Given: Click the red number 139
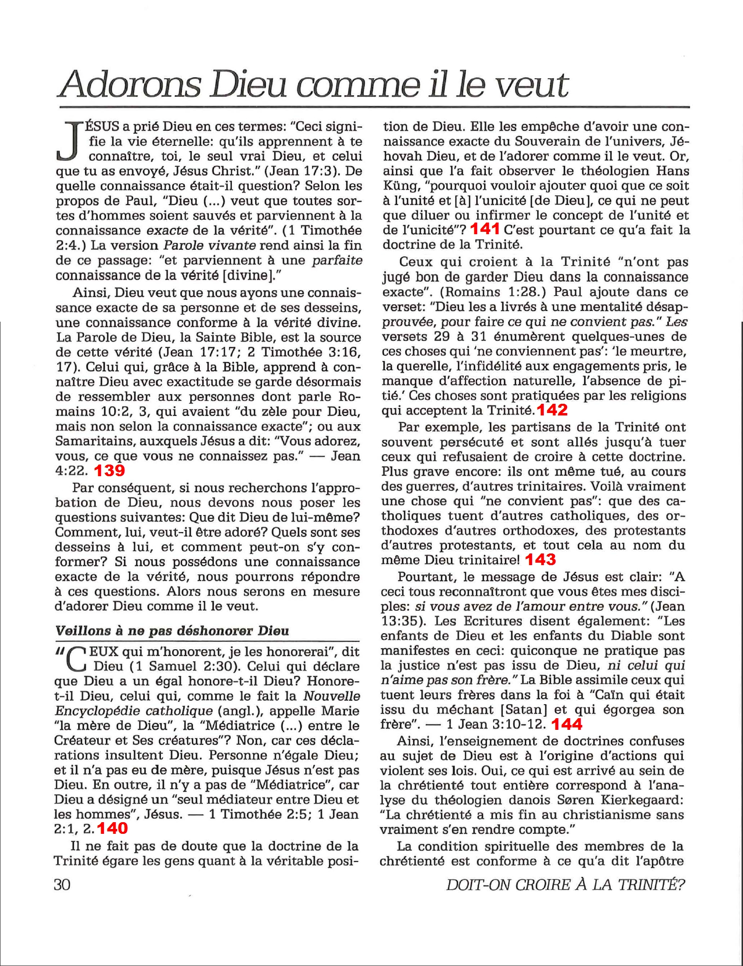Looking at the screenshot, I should coord(109,470).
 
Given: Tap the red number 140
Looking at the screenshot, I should coord(112,828).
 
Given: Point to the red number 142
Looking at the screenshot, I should coord(553,410).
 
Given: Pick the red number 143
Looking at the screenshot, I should coord(540,559).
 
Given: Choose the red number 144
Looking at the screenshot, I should coord(567,724).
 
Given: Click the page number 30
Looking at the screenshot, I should coord(63,884).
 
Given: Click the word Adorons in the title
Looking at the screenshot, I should coord(130,85).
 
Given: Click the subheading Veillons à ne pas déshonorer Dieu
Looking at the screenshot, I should coord(172,631).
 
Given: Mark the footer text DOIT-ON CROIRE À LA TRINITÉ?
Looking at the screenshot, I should coord(565,885).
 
